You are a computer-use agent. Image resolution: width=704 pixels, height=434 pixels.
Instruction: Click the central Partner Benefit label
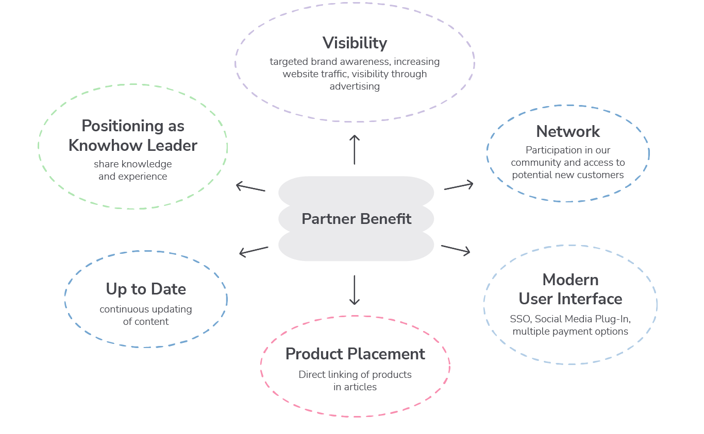tap(356, 219)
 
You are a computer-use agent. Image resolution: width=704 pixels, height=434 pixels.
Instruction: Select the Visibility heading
tap(355, 43)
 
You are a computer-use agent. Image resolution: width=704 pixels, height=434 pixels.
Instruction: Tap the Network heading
tap(568, 131)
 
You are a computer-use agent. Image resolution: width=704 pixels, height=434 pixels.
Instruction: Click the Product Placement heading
tap(355, 354)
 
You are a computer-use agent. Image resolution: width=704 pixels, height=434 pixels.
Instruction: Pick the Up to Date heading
tap(146, 289)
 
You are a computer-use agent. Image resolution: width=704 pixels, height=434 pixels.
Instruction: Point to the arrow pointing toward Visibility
tap(355, 149)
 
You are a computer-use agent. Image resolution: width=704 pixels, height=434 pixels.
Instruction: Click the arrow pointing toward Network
tap(458, 186)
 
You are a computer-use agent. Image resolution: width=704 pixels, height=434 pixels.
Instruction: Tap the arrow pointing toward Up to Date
tap(254, 251)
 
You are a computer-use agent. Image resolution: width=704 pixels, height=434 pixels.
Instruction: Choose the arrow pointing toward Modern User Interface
tap(456, 250)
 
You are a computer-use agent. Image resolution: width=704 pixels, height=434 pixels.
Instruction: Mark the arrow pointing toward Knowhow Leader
tap(250, 187)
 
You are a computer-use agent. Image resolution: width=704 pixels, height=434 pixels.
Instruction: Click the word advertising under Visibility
tap(355, 86)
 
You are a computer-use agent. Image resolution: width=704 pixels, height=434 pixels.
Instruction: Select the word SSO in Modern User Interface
tap(520, 319)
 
